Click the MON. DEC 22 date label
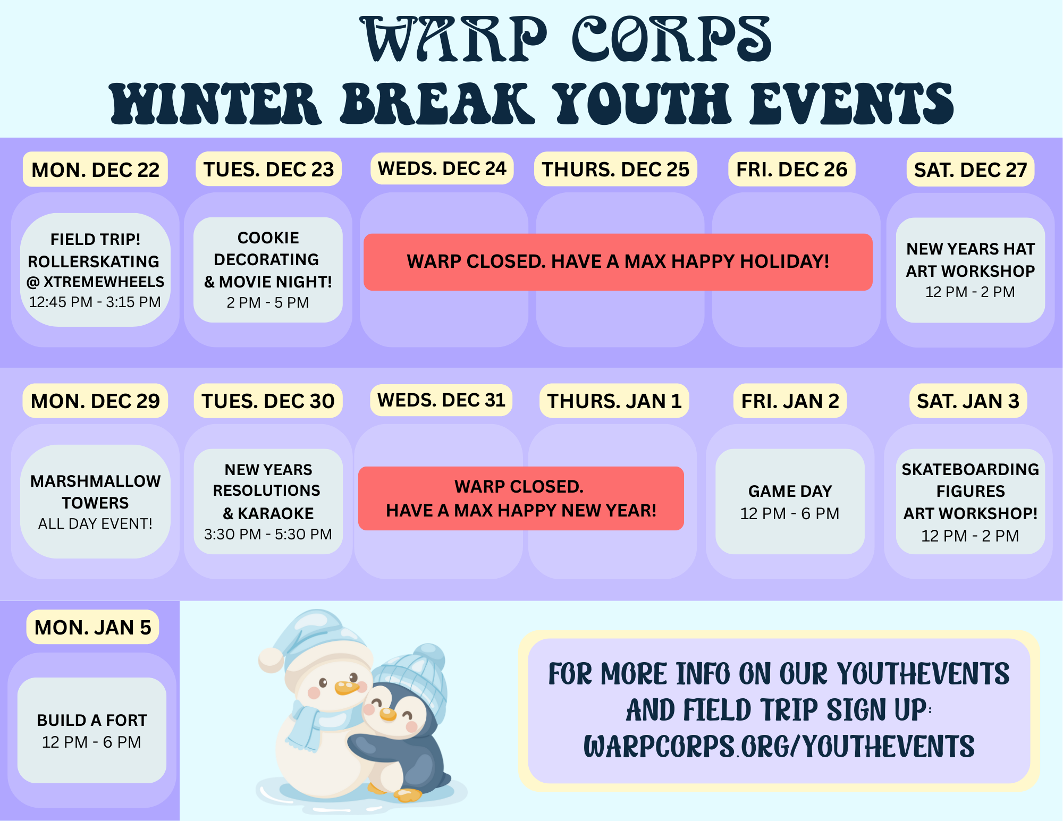tap(95, 170)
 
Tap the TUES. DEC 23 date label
tap(268, 169)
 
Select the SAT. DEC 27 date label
tap(971, 170)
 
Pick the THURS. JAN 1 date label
tap(614, 401)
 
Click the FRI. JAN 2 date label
tap(790, 401)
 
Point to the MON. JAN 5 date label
tap(93, 627)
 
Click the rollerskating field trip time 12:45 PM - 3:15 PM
tap(95, 302)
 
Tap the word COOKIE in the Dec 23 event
tap(268, 238)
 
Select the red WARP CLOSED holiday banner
tap(618, 262)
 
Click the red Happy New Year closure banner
tap(521, 498)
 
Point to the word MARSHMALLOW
tap(96, 481)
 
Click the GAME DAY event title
tap(790, 491)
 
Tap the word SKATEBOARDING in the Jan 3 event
tap(971, 469)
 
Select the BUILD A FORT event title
tap(92, 720)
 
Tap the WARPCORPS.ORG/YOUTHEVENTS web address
tap(779, 746)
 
